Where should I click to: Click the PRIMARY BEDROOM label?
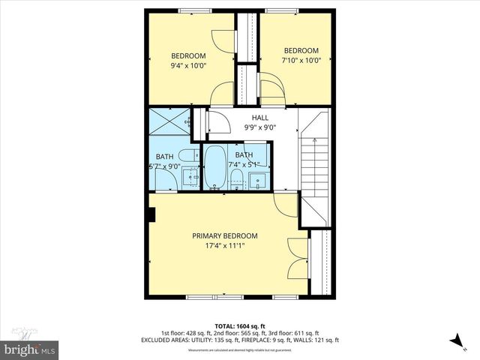(226, 235)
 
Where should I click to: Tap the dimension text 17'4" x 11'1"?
(226, 245)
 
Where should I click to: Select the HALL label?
(260, 118)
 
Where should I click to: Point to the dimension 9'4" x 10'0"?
(188, 65)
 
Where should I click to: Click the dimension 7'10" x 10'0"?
(301, 60)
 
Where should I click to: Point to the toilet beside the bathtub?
(235, 178)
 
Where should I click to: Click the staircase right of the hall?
(314, 165)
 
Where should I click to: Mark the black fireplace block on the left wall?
(151, 215)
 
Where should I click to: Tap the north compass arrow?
(456, 341)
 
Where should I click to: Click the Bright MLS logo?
(31, 349)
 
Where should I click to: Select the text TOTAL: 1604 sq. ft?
(240, 326)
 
